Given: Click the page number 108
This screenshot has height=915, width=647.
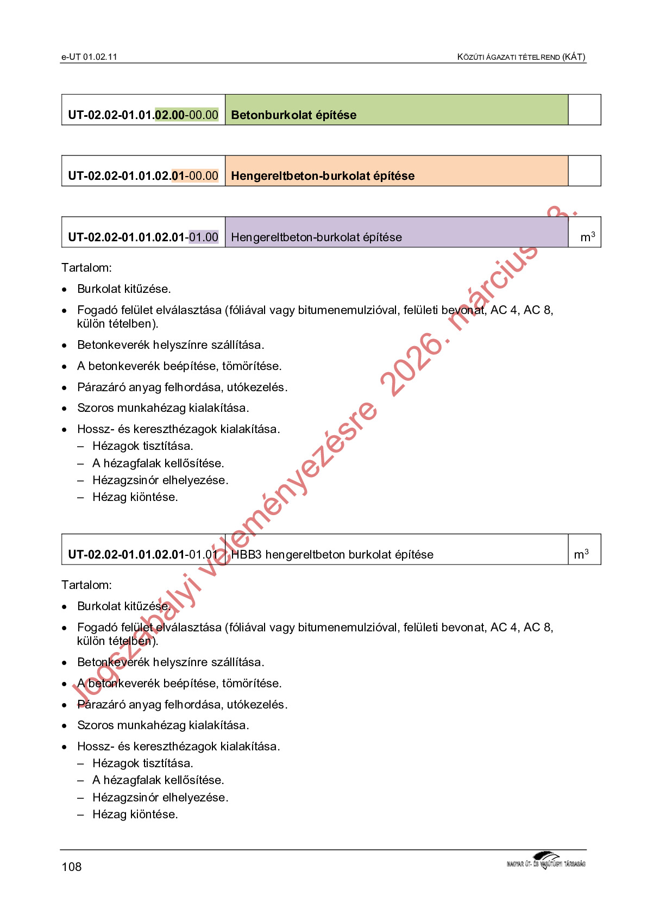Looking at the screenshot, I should [72, 867].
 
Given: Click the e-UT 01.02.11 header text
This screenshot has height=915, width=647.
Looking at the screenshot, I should [89, 57].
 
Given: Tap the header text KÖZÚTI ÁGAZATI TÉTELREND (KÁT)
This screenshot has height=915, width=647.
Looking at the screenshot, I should [521, 57].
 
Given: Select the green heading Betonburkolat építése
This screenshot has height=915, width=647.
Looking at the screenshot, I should [294, 115].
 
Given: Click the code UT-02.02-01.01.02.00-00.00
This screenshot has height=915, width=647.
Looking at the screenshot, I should [143, 115].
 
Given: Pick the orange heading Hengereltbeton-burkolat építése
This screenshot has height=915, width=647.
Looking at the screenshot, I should [323, 176].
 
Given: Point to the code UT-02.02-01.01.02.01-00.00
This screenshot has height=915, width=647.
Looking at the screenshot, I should [143, 176].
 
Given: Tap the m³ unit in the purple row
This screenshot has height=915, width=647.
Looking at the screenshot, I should [587, 237].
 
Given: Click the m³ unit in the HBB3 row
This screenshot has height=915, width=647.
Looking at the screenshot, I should [581, 554].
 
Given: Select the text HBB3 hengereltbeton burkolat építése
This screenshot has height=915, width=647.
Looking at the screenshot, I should [332, 555].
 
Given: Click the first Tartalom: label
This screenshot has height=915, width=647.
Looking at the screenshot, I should [87, 268].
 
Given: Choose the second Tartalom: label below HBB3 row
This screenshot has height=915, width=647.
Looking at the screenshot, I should [87, 585].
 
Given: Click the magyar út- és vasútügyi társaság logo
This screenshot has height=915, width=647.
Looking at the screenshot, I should [546, 862].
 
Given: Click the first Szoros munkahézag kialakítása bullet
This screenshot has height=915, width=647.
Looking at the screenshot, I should [163, 408].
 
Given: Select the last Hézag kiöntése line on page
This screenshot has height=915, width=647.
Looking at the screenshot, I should [135, 814].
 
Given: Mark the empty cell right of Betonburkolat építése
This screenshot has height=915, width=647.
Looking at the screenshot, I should [585, 110].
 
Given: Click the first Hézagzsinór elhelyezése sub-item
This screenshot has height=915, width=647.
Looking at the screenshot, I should [160, 480].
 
